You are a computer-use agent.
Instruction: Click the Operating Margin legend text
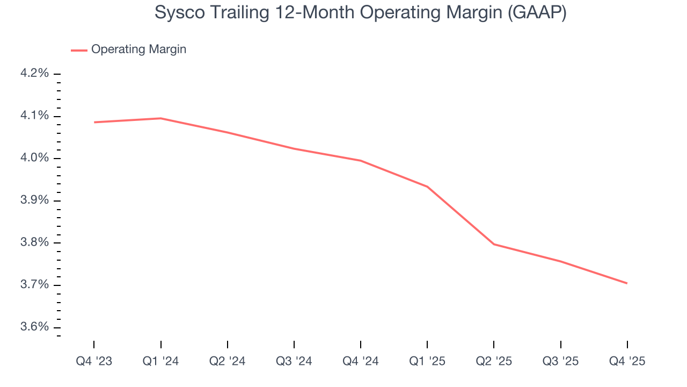coord(138,49)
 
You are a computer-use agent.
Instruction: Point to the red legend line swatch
coord(79,50)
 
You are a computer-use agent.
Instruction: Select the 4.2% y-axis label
coord(34,74)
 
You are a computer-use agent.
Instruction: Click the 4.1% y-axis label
coord(34,116)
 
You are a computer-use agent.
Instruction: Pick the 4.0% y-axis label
coord(34,158)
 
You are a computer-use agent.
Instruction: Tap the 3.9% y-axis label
coord(34,200)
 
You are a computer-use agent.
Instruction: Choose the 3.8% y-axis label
coord(34,243)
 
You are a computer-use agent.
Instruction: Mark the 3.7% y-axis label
coord(34,285)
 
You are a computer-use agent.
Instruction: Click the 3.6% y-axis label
coord(34,327)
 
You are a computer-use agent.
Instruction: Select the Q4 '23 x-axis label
coord(94,361)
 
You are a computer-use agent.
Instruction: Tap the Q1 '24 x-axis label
coord(160,361)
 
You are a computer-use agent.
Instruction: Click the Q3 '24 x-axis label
coord(294,361)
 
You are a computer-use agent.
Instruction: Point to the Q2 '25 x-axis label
coord(494,361)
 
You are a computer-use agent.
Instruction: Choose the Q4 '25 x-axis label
coord(627,361)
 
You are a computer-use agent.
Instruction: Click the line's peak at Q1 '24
coord(160,118)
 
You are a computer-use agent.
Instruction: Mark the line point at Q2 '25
coord(494,244)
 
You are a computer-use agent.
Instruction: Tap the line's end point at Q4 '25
coord(627,283)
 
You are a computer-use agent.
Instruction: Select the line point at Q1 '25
coord(427,187)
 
